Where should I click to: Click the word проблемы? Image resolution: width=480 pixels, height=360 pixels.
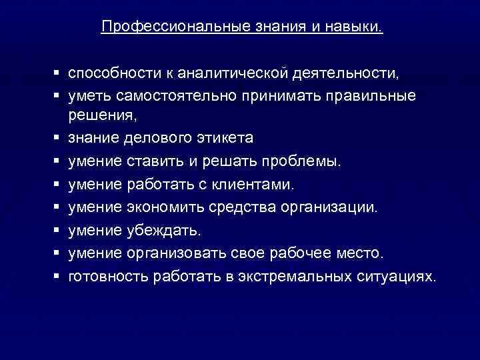tap(301, 161)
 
